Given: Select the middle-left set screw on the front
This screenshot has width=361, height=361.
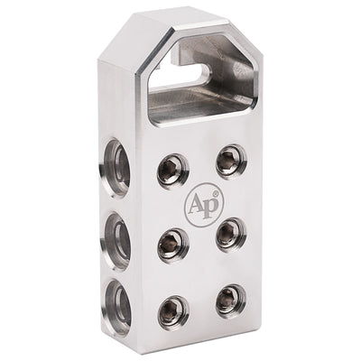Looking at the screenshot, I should click(x=171, y=242).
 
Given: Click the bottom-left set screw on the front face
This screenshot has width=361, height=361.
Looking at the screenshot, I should click(x=171, y=311).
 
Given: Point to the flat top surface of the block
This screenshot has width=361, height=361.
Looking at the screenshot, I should click(x=194, y=18).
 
